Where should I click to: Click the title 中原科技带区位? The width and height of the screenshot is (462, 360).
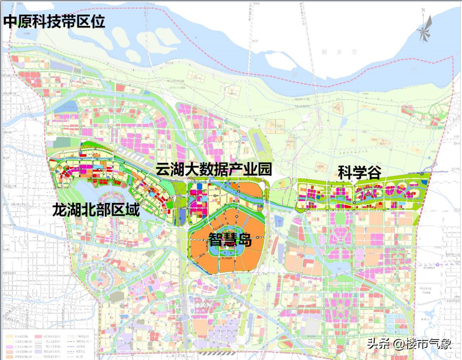pos(54,21)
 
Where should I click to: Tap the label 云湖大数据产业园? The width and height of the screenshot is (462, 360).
pos(214,170)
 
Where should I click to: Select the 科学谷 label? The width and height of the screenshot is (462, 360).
pos(359,173)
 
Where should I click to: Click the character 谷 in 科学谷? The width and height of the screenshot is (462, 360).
pos(373,173)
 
